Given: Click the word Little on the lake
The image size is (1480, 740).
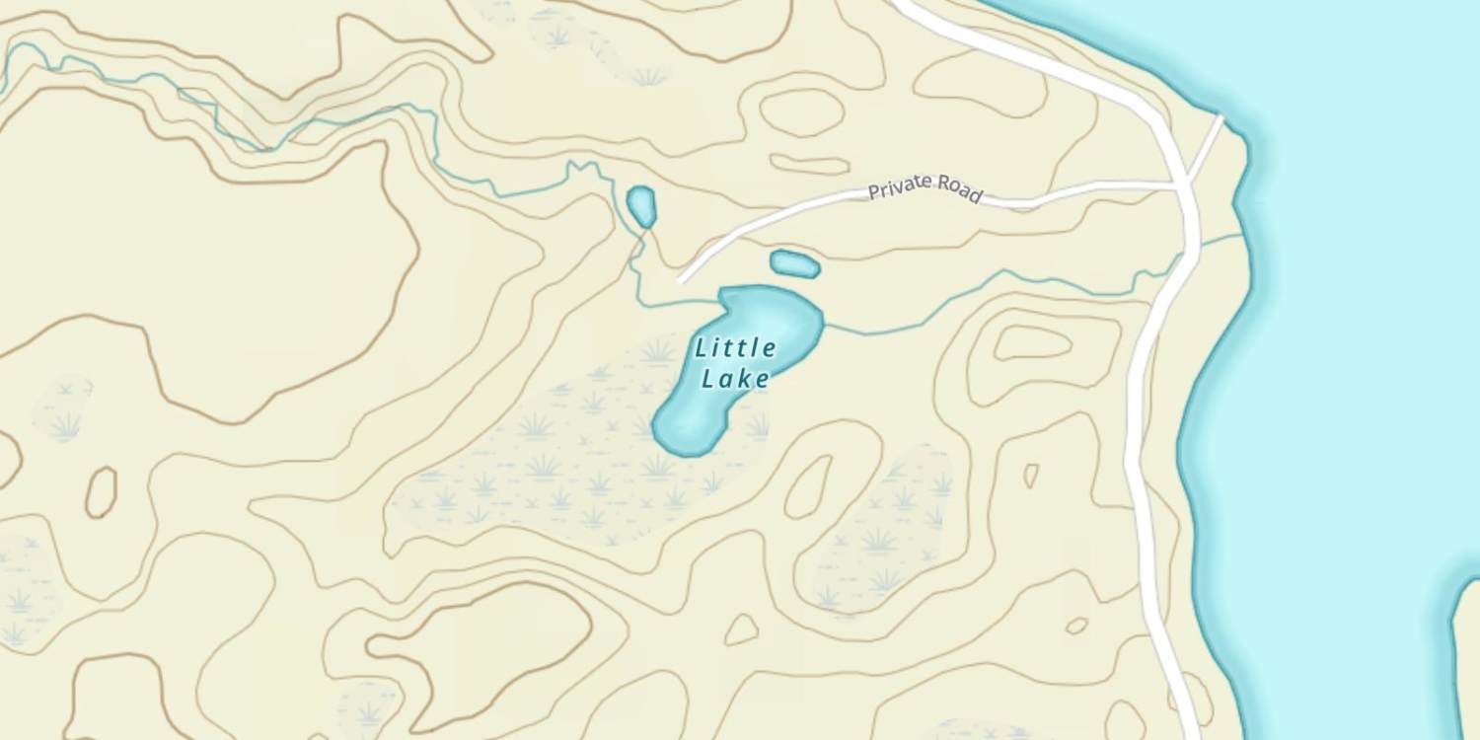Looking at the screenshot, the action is tap(735, 348).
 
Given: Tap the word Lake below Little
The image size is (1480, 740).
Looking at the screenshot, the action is tap(735, 379).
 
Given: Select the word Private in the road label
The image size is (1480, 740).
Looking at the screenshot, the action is tap(900, 186).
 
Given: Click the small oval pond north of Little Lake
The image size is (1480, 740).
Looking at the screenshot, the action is tap(641, 206).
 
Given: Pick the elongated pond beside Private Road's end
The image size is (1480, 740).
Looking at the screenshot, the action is tap(794, 264).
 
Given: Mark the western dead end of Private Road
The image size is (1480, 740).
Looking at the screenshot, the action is tap(681, 280).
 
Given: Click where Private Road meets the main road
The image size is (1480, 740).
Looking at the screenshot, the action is tap(1181, 184).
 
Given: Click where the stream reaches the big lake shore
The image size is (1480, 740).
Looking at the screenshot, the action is tap(1241, 236).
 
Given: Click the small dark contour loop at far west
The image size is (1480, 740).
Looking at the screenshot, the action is tap(101, 491).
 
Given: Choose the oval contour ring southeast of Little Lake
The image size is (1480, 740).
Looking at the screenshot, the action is tap(807, 486).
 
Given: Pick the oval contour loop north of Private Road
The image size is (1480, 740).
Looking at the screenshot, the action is tap(801, 112).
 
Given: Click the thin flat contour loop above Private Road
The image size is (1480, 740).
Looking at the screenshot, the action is tap(809, 164).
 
